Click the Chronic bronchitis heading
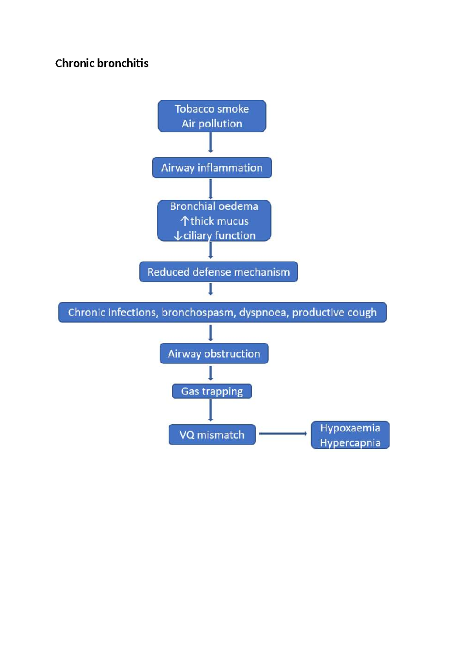click(102, 63)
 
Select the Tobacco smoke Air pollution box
click(212, 116)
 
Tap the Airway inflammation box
click(212, 168)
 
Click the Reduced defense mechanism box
click(218, 272)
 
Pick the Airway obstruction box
click(214, 354)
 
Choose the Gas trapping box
click(212, 391)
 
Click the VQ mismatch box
click(212, 435)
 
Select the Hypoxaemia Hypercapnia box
click(350, 435)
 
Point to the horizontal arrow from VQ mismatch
click(283, 434)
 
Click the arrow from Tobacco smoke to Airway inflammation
click(210, 142)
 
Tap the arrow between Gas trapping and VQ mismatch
click(210, 410)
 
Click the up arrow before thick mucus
click(185, 221)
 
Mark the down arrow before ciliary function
click(178, 236)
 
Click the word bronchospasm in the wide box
click(197, 312)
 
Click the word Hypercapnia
click(350, 443)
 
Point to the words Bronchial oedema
click(214, 206)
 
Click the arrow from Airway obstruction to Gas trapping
click(210, 373)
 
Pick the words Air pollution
click(212, 124)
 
